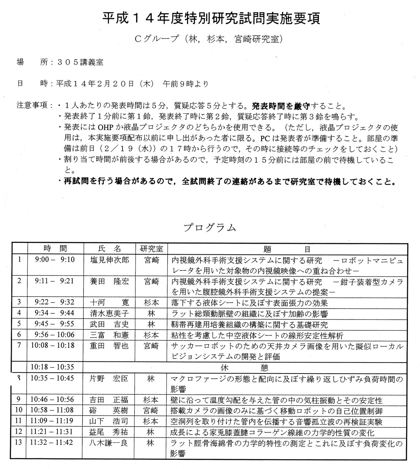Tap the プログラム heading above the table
(210, 228)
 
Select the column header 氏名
(109, 249)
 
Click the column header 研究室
(151, 249)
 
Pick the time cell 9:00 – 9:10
(55, 260)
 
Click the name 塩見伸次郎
(109, 260)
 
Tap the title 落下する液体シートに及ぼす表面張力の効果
(250, 303)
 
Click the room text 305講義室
(80, 62)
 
